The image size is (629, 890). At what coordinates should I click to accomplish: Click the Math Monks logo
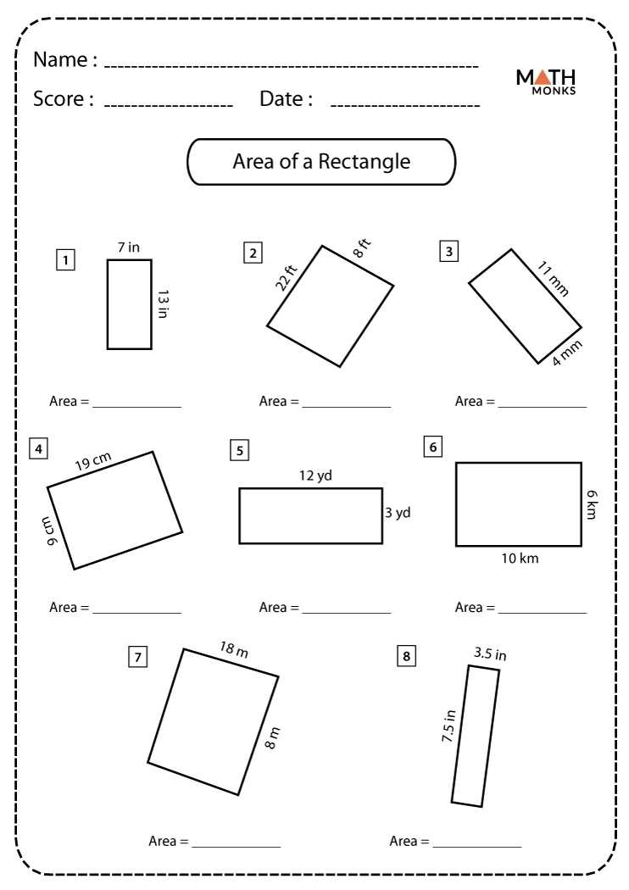[546, 81]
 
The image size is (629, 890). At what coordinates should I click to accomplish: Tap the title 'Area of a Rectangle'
[321, 162]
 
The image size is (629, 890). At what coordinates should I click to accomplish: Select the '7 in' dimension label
[129, 248]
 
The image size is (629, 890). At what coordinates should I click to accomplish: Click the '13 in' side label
[164, 304]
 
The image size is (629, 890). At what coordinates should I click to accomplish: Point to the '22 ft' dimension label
[287, 277]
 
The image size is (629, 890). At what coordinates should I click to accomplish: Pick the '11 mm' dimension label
[553, 280]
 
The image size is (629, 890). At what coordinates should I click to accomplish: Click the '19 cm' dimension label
[93, 462]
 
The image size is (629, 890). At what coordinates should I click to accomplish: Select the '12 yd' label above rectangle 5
[315, 476]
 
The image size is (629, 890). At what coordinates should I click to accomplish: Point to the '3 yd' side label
[398, 513]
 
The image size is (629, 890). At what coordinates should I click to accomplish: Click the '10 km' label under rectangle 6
[519, 559]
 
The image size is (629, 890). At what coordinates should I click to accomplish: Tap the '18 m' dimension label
[234, 650]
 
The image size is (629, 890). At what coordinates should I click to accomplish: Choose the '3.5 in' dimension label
[490, 654]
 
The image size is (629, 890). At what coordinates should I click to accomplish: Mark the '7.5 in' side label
[448, 726]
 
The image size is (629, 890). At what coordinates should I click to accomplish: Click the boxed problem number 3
[448, 251]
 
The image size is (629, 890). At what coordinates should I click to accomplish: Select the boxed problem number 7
[137, 656]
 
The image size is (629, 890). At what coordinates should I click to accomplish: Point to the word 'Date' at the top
[281, 99]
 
